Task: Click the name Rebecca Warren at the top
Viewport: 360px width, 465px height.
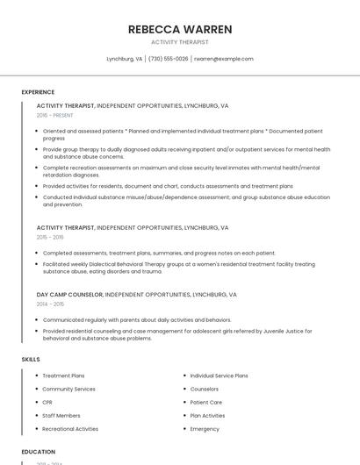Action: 180,29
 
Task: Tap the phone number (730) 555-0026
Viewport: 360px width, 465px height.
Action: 169,59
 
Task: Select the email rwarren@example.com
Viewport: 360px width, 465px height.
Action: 224,59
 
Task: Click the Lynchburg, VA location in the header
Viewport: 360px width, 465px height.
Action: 125,59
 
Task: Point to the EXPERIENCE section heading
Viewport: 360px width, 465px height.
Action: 38,92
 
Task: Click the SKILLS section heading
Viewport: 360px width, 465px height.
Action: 31,359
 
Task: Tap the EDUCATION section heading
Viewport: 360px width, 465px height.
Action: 38,452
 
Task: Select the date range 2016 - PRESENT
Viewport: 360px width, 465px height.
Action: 55,115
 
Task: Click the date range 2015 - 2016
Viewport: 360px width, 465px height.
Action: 50,237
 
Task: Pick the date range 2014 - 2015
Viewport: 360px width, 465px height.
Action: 50,304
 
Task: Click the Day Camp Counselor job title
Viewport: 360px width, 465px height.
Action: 69,295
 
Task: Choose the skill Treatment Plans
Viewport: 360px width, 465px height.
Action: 63,376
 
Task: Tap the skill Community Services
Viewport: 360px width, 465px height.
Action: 68,389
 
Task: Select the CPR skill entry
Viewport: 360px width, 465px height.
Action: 47,402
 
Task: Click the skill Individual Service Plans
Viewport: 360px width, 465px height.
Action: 219,376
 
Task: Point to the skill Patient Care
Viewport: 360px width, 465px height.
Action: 206,402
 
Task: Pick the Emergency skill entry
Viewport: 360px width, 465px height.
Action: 205,429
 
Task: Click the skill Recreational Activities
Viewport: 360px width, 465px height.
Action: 70,429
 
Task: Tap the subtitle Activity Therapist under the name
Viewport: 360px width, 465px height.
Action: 180,41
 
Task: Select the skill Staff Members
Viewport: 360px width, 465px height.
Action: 61,415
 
